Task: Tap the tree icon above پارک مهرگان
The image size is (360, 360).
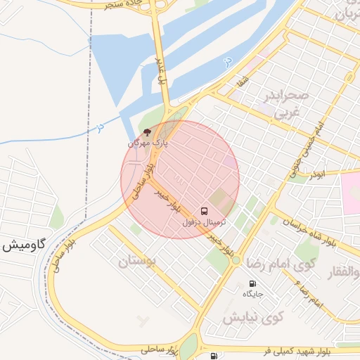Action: (147, 131)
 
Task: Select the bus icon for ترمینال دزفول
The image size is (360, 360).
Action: (205, 210)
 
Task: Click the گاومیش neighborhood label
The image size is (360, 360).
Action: (23, 246)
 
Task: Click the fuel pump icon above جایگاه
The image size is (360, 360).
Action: (251, 285)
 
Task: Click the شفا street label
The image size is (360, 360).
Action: (243, 82)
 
